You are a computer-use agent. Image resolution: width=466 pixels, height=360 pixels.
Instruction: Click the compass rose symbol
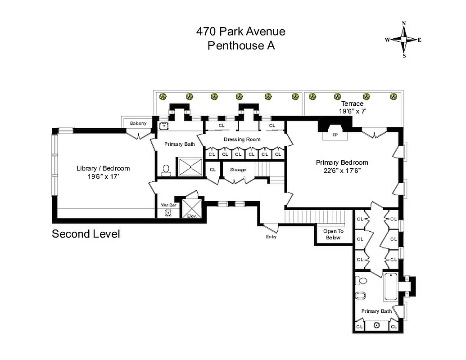point(404,40)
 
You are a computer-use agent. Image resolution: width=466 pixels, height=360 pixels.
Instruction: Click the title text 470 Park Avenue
point(240,31)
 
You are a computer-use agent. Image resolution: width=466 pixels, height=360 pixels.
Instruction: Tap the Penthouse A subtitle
point(240,45)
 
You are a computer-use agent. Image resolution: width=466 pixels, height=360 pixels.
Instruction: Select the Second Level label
point(86,234)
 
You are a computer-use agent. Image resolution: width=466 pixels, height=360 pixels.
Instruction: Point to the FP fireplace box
point(335,135)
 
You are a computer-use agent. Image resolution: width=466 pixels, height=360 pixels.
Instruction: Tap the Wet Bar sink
point(168,213)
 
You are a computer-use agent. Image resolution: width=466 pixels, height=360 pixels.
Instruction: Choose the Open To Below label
point(332,234)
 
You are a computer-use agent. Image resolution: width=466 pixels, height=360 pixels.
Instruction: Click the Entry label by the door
point(271,237)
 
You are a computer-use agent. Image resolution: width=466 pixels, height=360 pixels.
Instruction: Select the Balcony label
point(138,123)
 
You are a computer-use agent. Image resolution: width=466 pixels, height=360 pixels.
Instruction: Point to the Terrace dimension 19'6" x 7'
point(353,111)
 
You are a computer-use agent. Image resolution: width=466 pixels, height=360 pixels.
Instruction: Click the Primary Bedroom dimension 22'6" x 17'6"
point(342,171)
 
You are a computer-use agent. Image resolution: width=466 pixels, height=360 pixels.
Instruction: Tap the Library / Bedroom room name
point(103,168)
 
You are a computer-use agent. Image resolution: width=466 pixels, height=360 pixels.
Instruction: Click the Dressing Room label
point(242,139)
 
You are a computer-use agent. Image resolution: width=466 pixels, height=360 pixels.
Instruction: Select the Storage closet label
point(238,170)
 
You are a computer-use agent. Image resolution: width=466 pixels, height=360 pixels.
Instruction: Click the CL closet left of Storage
point(213,170)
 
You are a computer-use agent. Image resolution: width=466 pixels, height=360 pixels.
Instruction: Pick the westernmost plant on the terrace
point(163,96)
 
